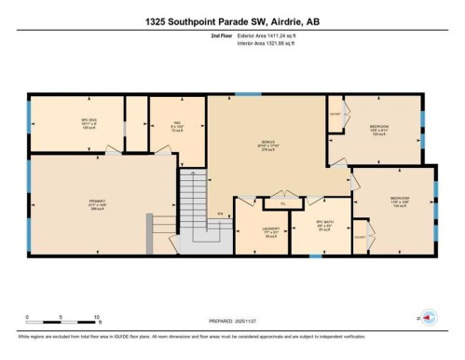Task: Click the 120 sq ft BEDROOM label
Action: point(379,131)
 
